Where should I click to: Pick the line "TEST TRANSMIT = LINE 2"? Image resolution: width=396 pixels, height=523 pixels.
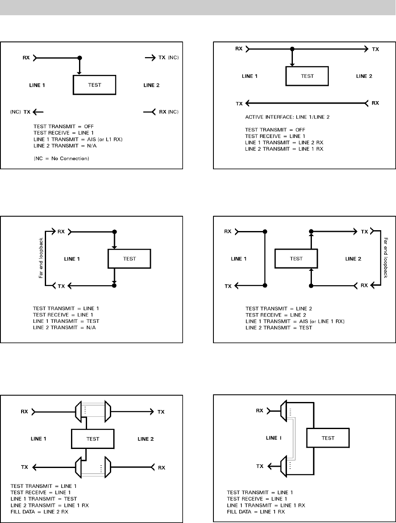coord(274,308)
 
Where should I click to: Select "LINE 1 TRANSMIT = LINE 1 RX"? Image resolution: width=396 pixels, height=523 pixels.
coord(266,505)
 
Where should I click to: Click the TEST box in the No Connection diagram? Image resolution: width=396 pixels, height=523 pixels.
coord(95,85)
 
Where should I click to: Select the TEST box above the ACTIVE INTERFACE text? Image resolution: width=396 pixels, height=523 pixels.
coord(307,76)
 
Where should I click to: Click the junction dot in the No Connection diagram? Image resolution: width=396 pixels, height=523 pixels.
coord(79,58)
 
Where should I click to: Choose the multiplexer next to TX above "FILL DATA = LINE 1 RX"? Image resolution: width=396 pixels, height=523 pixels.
coord(286,466)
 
